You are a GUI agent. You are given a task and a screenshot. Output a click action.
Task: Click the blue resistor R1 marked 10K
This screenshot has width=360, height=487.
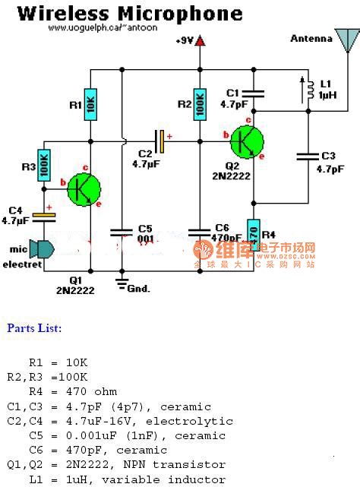[x=90, y=105]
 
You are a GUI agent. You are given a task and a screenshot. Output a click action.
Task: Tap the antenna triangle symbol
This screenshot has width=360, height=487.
[x=348, y=42]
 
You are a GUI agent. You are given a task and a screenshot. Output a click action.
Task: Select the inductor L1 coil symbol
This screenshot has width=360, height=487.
[x=310, y=91]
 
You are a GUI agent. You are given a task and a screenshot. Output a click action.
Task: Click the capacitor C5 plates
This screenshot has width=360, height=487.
[x=119, y=230]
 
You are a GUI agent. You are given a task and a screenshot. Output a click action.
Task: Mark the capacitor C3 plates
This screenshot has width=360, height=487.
[x=308, y=157]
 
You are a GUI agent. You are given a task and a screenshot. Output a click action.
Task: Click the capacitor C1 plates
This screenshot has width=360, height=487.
[x=253, y=93]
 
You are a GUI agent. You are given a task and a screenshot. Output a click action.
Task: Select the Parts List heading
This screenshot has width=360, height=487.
[x=34, y=328]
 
